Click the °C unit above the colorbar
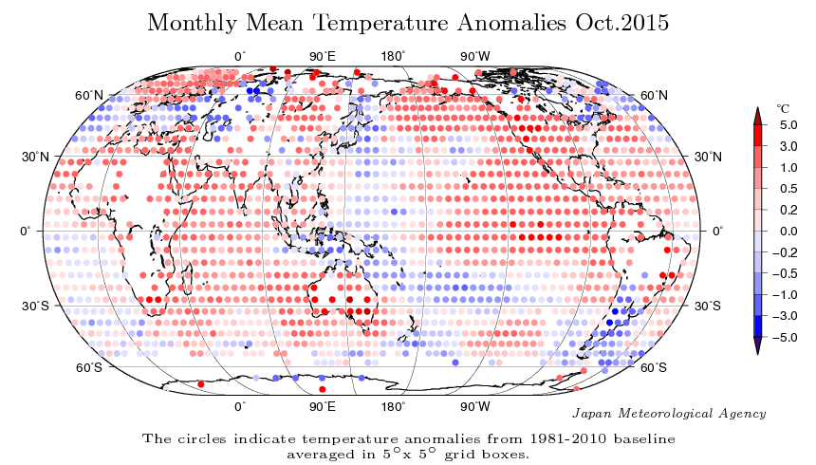pos(783,109)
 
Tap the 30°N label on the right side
pos(709,156)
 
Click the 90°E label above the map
pos(323,57)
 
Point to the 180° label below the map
pos(394,406)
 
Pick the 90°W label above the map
pos(475,57)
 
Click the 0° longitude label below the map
pos(240,406)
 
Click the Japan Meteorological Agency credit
pos(670,414)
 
